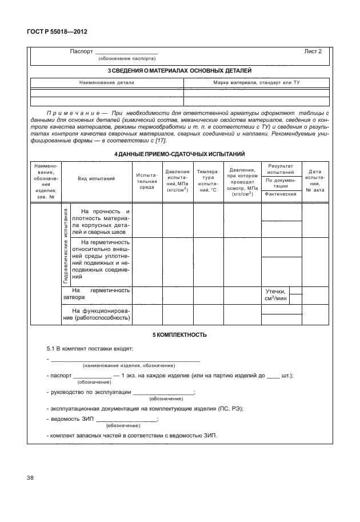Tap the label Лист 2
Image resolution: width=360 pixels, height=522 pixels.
point(313,51)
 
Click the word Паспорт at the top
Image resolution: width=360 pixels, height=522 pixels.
point(81,51)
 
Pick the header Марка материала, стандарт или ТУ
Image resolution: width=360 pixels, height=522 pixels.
point(257,83)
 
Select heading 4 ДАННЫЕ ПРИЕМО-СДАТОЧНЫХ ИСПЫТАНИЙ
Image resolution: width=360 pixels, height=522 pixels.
point(179,154)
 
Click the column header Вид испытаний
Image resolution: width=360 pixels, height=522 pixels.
point(97,179)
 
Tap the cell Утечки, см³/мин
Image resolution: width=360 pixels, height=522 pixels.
point(275,295)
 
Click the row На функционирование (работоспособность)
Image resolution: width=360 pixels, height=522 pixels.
point(97,314)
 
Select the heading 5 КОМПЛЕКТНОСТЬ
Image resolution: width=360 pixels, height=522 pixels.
point(179,334)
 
